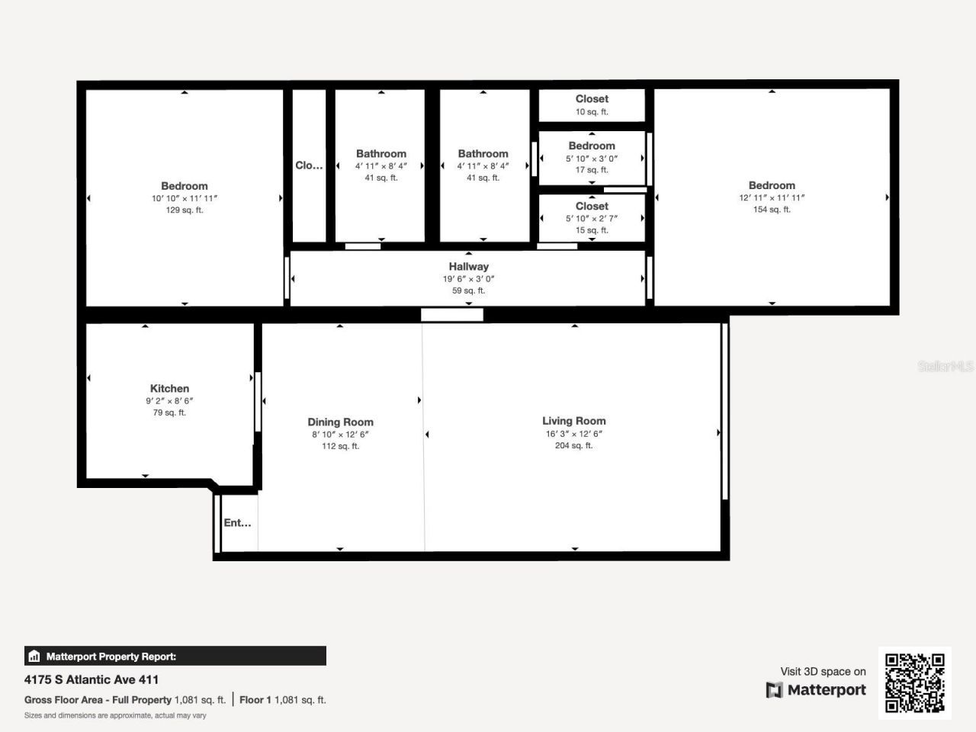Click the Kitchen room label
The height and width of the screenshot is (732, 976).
point(169,388)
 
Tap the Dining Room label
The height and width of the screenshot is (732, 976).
point(340,422)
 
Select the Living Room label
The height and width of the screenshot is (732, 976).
point(573,421)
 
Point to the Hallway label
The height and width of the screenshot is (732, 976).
point(468,266)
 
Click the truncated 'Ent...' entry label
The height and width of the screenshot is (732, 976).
point(237,522)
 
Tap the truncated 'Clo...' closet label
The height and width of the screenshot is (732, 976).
point(309,165)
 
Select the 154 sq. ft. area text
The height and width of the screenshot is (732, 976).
point(772,210)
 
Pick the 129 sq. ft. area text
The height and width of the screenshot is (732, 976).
point(185,210)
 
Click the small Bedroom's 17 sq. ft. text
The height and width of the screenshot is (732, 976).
point(592,170)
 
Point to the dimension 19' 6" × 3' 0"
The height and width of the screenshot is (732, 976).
point(468,279)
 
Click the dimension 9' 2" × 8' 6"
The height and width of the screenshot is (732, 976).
point(169,401)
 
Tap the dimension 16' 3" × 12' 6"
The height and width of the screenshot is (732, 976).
point(573,434)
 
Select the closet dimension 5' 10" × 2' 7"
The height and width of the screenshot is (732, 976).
point(592,218)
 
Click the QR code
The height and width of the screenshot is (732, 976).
point(914,682)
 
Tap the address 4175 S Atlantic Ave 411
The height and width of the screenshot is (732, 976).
point(91,679)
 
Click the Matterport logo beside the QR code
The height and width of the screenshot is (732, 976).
point(816,690)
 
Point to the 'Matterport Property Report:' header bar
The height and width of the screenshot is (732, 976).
point(175,656)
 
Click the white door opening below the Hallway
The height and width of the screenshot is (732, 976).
point(452,314)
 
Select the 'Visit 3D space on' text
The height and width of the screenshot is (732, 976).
point(823,672)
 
